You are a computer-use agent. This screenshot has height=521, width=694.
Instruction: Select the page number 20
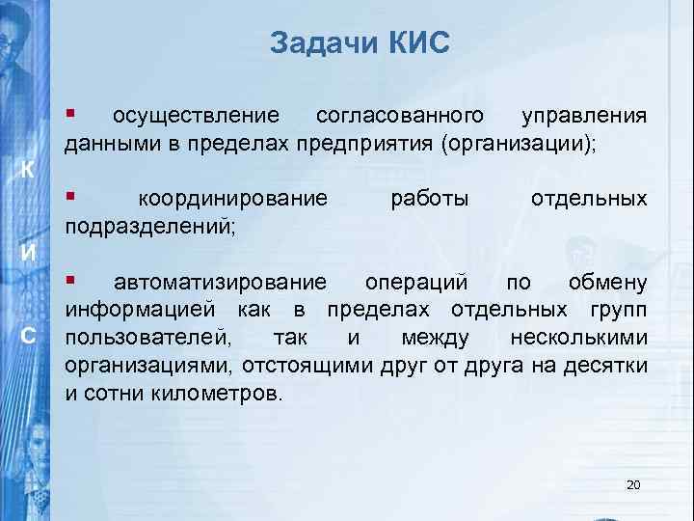click(633, 483)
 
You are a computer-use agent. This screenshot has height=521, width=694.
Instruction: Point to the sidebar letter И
click(30, 254)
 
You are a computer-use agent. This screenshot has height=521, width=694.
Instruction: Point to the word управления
click(584, 117)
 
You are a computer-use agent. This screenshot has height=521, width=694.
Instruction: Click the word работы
click(430, 200)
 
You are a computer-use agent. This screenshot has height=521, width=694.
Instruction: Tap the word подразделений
click(150, 228)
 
